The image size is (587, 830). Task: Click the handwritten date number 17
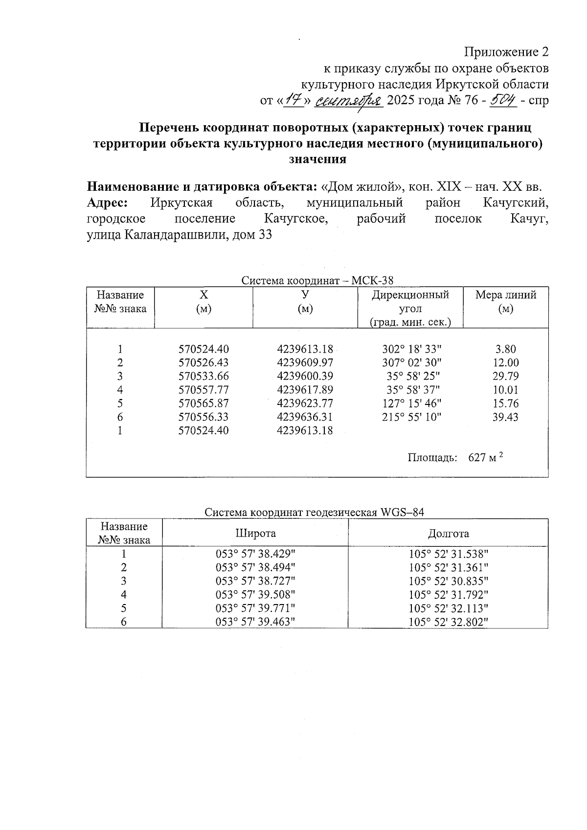pyautogui.click(x=293, y=100)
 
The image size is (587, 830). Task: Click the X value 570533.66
pyautogui.click(x=203, y=376)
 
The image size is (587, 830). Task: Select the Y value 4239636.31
pyautogui.click(x=304, y=417)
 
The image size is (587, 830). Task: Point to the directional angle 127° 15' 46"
pyautogui.click(x=411, y=404)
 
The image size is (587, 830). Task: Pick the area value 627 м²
pyautogui.click(x=485, y=457)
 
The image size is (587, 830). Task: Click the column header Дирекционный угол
pyautogui.click(x=410, y=302)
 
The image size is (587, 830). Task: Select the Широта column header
pyautogui.click(x=255, y=533)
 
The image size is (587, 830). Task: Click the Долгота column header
pyautogui.click(x=448, y=533)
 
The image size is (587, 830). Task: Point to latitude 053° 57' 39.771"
pyautogui.click(x=255, y=608)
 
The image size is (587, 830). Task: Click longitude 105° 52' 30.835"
pyautogui.click(x=449, y=581)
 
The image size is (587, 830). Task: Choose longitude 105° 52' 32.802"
pyautogui.click(x=449, y=622)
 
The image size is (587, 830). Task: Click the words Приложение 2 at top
pyautogui.click(x=506, y=52)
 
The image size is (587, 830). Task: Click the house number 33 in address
pyautogui.click(x=265, y=235)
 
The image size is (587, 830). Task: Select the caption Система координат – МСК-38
pyautogui.click(x=317, y=280)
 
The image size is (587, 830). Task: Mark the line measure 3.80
pyautogui.click(x=505, y=349)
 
